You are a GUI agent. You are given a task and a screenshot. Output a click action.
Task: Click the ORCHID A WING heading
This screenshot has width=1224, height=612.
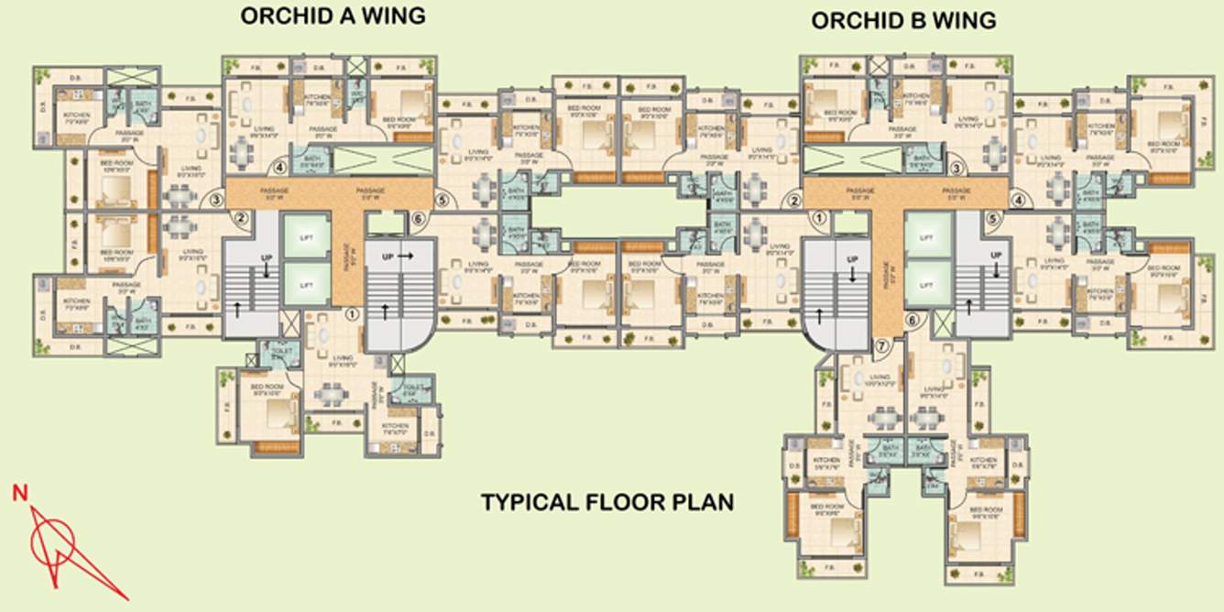(x=333, y=16)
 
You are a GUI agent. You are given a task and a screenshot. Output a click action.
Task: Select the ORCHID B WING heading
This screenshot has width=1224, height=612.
(x=903, y=20)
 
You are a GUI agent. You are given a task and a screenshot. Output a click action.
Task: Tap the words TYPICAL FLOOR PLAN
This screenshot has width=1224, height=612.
(x=607, y=502)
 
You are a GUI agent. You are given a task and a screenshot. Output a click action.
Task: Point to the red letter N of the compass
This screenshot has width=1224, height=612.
(x=18, y=495)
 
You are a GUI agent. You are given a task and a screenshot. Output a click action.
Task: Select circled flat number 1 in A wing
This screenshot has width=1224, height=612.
(x=352, y=313)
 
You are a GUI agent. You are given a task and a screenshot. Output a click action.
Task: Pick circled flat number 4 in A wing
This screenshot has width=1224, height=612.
(x=279, y=167)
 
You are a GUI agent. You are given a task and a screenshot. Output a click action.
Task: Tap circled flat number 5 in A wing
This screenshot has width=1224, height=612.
(x=441, y=199)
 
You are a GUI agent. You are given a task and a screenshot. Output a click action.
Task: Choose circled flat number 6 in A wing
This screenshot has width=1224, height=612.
(x=417, y=219)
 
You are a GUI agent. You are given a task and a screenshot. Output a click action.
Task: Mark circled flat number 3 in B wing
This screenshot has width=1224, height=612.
(x=956, y=168)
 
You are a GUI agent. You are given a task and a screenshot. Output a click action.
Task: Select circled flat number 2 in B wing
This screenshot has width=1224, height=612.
(x=794, y=201)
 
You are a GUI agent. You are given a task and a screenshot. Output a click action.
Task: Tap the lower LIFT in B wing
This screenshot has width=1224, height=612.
(x=926, y=285)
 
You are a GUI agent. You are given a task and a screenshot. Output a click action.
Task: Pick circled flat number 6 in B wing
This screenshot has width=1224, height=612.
(x=911, y=320)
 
